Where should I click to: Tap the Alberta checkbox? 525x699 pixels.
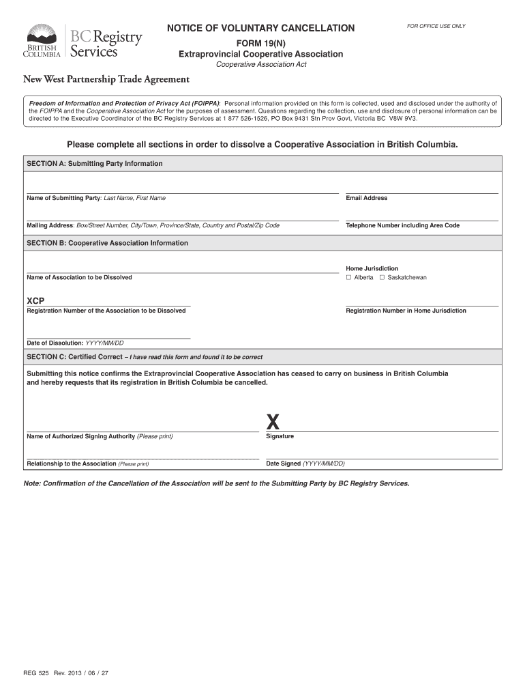(x=348, y=278)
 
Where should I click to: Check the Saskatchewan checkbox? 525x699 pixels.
(x=382, y=278)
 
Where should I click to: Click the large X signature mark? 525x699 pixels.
(x=273, y=421)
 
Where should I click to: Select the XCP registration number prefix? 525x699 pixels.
(x=35, y=301)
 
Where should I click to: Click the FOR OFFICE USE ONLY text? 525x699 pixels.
(x=436, y=26)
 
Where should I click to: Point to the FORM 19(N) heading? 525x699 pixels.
(x=260, y=42)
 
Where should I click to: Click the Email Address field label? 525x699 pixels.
(x=366, y=198)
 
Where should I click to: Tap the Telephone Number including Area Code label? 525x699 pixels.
(x=402, y=225)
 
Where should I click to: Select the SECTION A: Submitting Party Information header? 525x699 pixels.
(x=94, y=164)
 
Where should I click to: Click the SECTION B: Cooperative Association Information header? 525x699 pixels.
(x=107, y=243)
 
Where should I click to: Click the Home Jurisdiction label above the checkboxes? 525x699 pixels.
(x=372, y=268)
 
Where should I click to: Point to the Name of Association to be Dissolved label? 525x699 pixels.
(x=79, y=277)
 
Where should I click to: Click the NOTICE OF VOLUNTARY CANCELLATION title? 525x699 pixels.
(x=260, y=28)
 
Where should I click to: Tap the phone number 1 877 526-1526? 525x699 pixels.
(x=243, y=118)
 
